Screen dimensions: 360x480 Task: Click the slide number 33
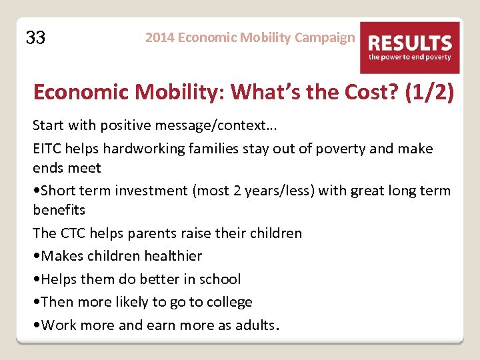point(35,38)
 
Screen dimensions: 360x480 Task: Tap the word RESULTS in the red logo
point(410,44)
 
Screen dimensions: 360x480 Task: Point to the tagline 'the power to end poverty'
point(410,57)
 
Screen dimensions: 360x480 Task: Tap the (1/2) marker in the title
point(429,92)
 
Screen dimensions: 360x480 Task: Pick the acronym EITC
point(48,148)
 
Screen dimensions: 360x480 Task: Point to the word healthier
point(171,255)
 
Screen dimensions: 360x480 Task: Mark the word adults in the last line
point(255,325)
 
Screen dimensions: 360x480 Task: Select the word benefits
point(59,209)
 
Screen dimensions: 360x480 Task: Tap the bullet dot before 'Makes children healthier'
point(37,256)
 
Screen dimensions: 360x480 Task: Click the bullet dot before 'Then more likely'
point(37,302)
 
